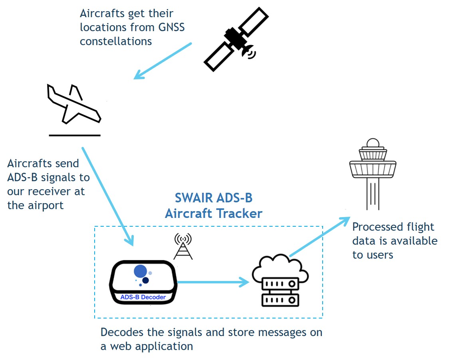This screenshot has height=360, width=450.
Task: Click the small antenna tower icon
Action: click(x=183, y=247)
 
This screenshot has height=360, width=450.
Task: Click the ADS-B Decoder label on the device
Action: click(x=143, y=297)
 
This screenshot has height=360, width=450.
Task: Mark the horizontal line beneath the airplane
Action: click(x=74, y=135)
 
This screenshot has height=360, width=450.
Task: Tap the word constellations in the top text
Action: click(x=116, y=41)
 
